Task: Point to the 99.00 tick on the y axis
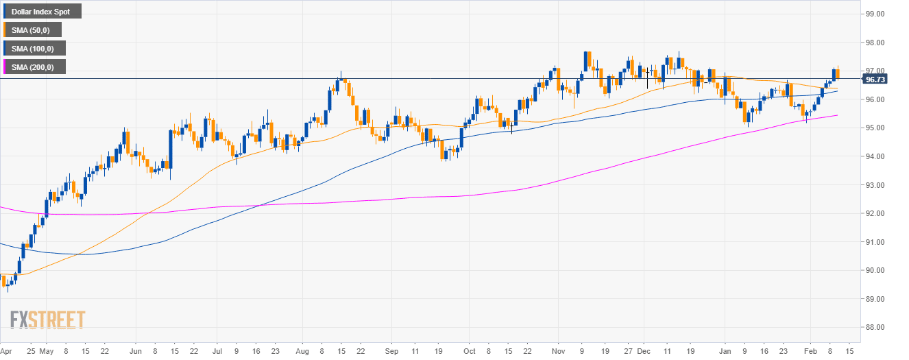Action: click(875, 14)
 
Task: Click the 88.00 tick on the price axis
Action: click(875, 327)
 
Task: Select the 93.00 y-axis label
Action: click(875, 185)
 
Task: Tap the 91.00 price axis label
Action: click(875, 242)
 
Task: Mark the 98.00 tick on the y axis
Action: click(875, 43)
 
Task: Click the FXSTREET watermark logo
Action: click(47, 320)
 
